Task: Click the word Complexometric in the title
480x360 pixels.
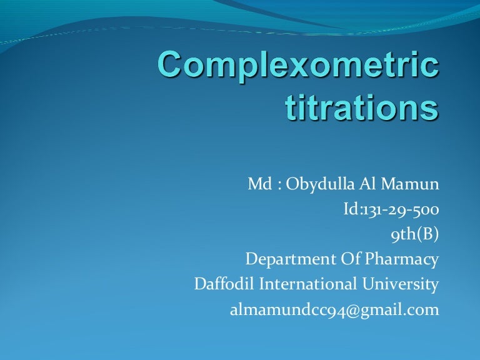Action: click(297, 65)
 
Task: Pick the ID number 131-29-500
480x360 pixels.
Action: click(399, 209)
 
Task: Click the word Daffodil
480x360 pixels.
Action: click(224, 284)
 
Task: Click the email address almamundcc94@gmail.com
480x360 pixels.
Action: click(334, 309)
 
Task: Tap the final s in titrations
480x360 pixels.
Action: click(428, 109)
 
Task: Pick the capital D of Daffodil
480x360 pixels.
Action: click(201, 284)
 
